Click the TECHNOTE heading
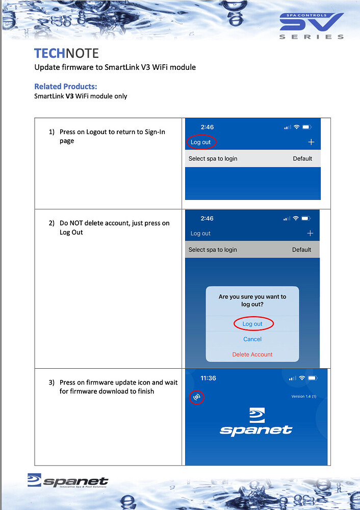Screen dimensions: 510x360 (x=66, y=54)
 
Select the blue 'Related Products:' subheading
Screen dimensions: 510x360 (x=65, y=86)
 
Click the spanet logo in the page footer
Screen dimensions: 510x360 (x=68, y=482)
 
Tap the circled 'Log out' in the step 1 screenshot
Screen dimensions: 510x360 (x=201, y=142)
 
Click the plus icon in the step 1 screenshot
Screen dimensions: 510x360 (x=311, y=142)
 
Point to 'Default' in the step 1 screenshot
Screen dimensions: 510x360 (x=302, y=159)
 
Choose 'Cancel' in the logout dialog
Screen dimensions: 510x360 (x=252, y=339)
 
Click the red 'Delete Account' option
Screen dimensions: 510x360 (x=252, y=354)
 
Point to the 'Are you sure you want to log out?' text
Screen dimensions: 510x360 (x=252, y=300)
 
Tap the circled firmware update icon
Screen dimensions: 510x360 (x=197, y=397)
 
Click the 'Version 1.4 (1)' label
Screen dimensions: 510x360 (x=303, y=396)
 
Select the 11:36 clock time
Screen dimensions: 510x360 (x=208, y=378)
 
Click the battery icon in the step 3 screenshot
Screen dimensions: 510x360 (x=312, y=378)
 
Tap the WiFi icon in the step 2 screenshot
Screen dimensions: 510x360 (x=296, y=218)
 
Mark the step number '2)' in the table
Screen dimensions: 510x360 (x=52, y=223)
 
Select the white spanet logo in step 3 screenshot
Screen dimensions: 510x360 (x=256, y=422)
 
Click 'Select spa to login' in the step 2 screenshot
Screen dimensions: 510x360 (x=213, y=250)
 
